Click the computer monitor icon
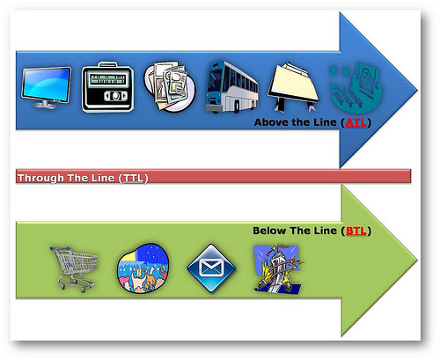click(x=47, y=87)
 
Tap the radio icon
click(x=107, y=87)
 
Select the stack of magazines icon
click(x=169, y=86)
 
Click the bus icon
click(x=231, y=87)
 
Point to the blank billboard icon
click(x=293, y=87)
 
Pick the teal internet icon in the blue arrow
click(x=356, y=87)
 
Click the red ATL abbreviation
click(x=356, y=122)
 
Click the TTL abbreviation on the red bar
click(x=133, y=178)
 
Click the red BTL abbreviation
click(x=356, y=231)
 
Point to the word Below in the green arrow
click(x=269, y=231)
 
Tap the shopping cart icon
click(x=74, y=269)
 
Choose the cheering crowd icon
click(x=143, y=268)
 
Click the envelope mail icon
click(x=211, y=268)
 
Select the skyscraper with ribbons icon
click(x=278, y=268)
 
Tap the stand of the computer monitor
click(x=45, y=104)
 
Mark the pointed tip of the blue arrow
click(x=417, y=90)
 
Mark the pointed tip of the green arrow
click(x=417, y=260)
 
